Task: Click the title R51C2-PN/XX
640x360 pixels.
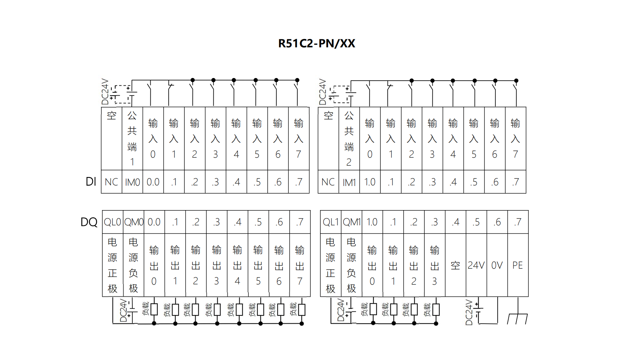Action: (x=317, y=43)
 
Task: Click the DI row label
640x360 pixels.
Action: (x=91, y=182)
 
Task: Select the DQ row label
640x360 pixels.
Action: (x=89, y=222)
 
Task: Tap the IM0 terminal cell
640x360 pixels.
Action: (x=132, y=182)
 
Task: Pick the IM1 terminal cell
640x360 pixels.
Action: (x=349, y=182)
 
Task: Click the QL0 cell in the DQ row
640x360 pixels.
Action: (x=112, y=222)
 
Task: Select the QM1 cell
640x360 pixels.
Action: (x=352, y=222)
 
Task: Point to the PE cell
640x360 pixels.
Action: (x=518, y=265)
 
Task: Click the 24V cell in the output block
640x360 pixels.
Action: (x=476, y=265)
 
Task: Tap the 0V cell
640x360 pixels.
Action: (x=497, y=265)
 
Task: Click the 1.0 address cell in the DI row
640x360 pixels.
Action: (x=370, y=182)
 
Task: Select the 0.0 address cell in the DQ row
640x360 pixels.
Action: (x=154, y=222)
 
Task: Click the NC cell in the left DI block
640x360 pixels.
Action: (x=111, y=182)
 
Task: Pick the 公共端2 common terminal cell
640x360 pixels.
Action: (x=349, y=138)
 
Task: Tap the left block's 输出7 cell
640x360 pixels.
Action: (x=300, y=265)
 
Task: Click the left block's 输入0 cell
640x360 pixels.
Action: (x=153, y=138)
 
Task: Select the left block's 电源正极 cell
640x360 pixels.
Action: (x=112, y=265)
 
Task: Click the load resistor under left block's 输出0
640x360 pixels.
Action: (x=154, y=309)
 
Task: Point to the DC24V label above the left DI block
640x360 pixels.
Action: (x=105, y=92)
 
